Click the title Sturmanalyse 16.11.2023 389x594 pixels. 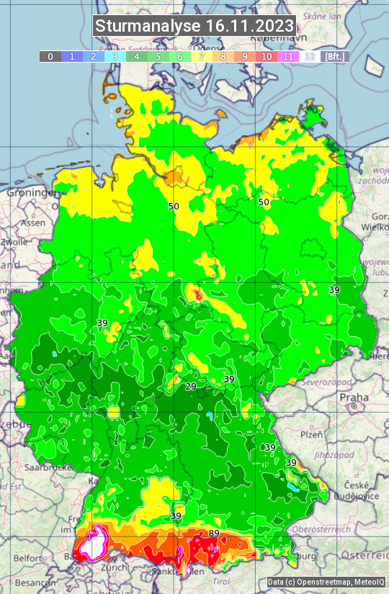pos(194,26)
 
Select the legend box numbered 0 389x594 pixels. pos(50,56)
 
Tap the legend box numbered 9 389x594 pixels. pos(245,56)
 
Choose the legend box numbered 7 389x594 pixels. pos(202,56)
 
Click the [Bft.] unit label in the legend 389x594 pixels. pos(334,56)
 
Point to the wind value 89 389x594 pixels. pos(214,533)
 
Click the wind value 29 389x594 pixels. pos(191,387)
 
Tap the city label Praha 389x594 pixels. pos(354,397)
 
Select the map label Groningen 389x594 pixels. pos(30,193)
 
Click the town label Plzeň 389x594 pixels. pos(311,434)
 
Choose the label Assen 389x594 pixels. pos(32,223)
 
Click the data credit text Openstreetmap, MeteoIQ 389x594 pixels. pos(326,582)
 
